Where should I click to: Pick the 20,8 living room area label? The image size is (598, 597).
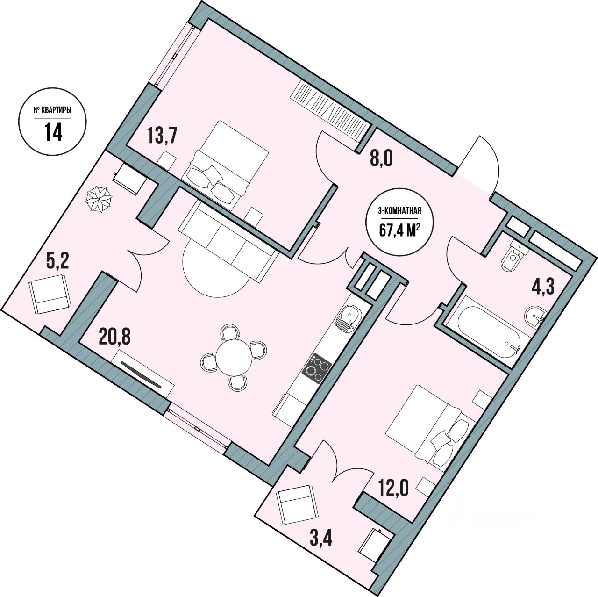click(114, 336)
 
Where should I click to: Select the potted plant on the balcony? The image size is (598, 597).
click(99, 200)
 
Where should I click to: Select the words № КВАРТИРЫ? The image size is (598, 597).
click(52, 111)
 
